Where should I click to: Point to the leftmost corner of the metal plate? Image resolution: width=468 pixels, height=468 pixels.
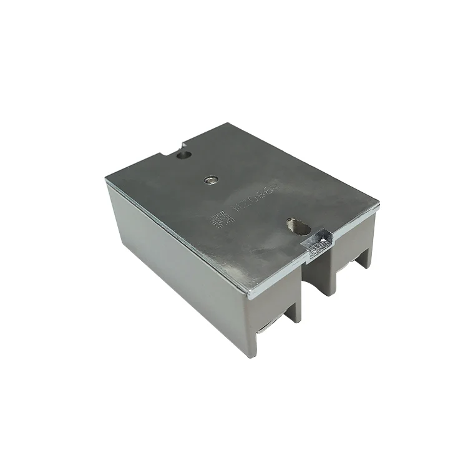[x=107, y=179]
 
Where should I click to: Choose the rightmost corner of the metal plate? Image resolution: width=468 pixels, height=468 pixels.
[x=379, y=205]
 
